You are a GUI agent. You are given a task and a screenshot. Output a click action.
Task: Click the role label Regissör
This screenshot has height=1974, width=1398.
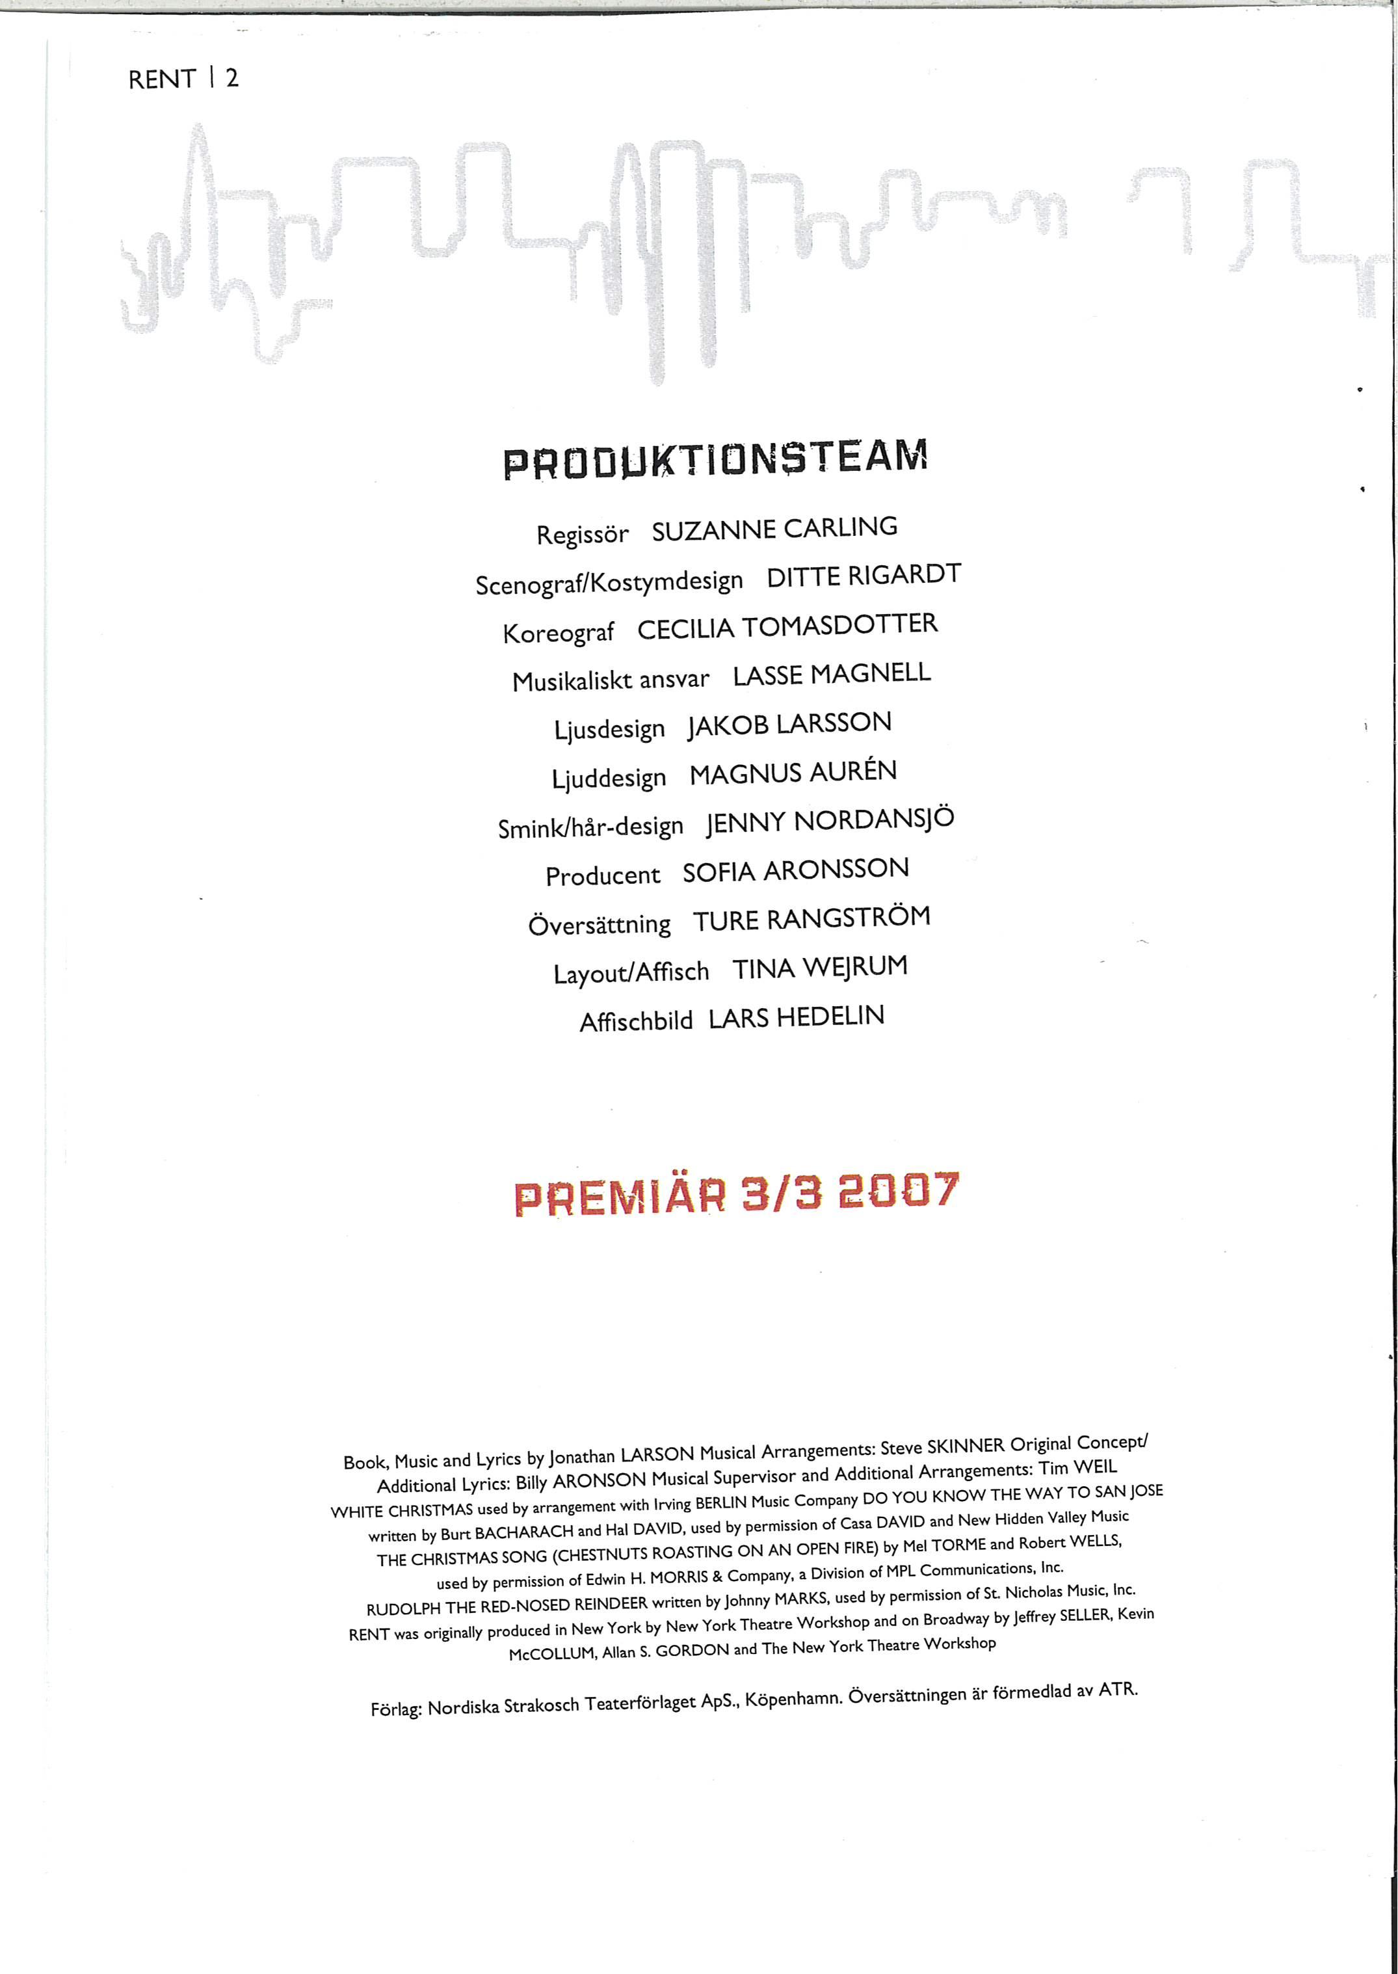click(582, 535)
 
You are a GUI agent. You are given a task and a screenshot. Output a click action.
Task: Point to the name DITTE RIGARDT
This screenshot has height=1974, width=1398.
click(864, 576)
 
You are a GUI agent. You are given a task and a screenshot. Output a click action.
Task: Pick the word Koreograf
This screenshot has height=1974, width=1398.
click(558, 633)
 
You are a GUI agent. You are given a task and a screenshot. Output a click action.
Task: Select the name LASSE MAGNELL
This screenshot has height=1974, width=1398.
click(832, 674)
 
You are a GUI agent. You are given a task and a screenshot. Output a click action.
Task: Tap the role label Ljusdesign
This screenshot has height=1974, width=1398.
click(609, 730)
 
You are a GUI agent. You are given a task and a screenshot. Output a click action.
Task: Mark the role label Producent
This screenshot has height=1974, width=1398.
click(603, 875)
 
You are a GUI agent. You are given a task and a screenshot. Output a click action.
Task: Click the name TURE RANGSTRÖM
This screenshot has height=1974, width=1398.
click(811, 918)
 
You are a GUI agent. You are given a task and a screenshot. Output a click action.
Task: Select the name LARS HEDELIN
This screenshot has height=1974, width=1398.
click(797, 1017)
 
